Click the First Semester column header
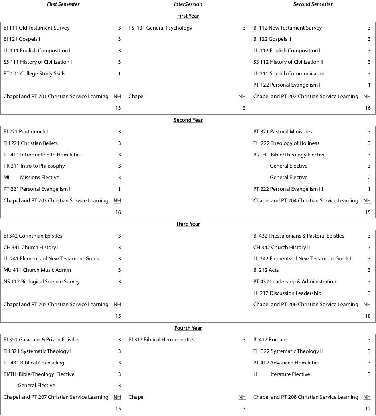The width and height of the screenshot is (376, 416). [x=63, y=4]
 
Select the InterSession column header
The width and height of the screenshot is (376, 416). [x=188, y=4]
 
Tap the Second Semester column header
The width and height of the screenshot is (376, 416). [x=313, y=4]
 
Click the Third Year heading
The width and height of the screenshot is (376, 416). [x=188, y=224]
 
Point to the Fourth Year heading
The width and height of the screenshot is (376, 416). [x=188, y=328]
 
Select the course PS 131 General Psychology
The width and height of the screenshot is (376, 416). [x=160, y=28]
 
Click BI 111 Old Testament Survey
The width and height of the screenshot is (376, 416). [x=37, y=28]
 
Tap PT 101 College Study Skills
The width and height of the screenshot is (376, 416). [x=35, y=74]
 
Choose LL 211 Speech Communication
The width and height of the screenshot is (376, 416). [x=289, y=74]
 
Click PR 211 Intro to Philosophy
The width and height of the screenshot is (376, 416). [x=34, y=166]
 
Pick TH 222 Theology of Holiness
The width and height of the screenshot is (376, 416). [x=286, y=143]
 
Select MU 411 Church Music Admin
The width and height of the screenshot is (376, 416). [x=34, y=270]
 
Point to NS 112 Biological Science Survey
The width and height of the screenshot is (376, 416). [x=42, y=282]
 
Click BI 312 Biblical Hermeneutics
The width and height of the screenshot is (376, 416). [x=161, y=340]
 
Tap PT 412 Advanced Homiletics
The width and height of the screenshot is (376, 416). [x=286, y=363]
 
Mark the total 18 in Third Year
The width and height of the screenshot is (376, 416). [x=368, y=316]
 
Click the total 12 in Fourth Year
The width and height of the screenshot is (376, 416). [x=368, y=409]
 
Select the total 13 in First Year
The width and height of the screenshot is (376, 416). [x=118, y=108]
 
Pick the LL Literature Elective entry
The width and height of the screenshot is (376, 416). [x=282, y=374]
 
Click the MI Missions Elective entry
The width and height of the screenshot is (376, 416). [x=32, y=178]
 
